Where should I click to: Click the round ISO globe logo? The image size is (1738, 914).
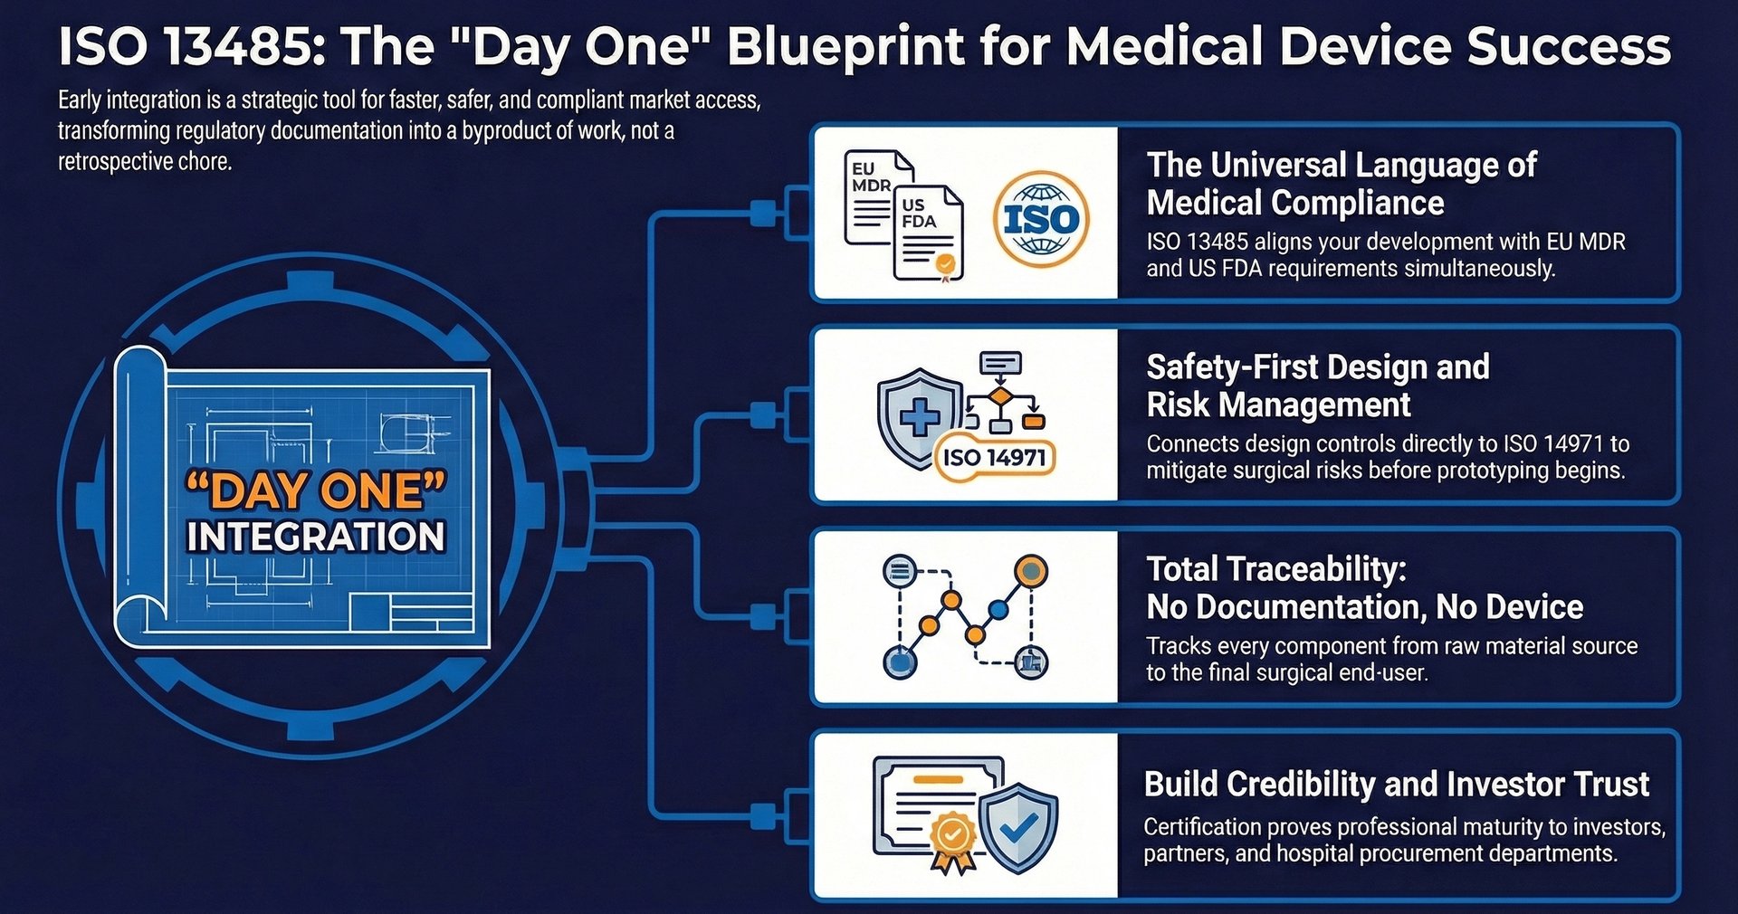(x=1041, y=219)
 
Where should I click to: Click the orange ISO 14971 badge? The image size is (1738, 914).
(x=994, y=458)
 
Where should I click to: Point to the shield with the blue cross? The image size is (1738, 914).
(x=919, y=416)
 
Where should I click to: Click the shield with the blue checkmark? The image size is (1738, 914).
(x=1019, y=827)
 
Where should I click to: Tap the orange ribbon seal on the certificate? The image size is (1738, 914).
(x=951, y=837)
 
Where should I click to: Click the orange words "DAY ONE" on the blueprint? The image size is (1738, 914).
(x=315, y=491)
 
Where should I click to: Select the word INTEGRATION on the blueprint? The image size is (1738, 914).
(x=315, y=537)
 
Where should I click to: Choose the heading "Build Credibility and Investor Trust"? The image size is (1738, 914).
(x=1396, y=784)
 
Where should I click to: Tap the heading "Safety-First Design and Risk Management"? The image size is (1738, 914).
(x=1317, y=386)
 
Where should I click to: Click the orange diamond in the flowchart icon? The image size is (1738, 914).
(x=999, y=397)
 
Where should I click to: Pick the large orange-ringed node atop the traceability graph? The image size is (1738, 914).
(x=1029, y=570)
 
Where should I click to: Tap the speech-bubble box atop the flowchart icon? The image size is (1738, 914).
(x=1000, y=363)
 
